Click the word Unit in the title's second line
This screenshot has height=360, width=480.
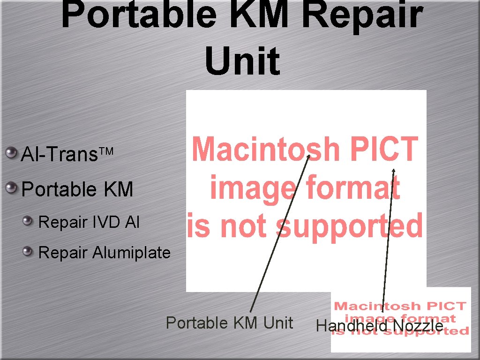[242, 61]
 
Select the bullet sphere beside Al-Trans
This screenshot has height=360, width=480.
[10, 152]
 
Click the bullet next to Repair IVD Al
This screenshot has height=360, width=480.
[29, 221]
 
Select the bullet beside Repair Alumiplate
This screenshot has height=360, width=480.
[29, 252]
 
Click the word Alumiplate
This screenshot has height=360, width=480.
[131, 253]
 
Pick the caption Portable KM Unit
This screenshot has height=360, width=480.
[229, 323]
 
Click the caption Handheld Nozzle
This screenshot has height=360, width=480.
[380, 326]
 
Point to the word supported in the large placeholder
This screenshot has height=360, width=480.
[349, 225]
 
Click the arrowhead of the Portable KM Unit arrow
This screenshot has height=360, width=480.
[309, 157]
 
